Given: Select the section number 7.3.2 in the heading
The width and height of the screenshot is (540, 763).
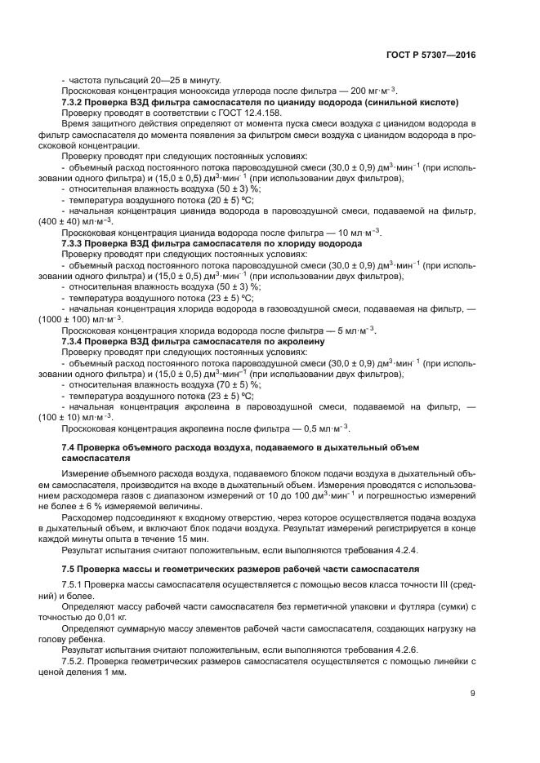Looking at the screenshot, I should tap(75, 102).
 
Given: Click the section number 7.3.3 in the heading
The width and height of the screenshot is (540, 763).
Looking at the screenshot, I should tap(75, 243).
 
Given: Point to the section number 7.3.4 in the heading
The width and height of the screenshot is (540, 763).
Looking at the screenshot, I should tap(75, 341).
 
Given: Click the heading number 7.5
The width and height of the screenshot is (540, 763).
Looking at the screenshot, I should tap(69, 567).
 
